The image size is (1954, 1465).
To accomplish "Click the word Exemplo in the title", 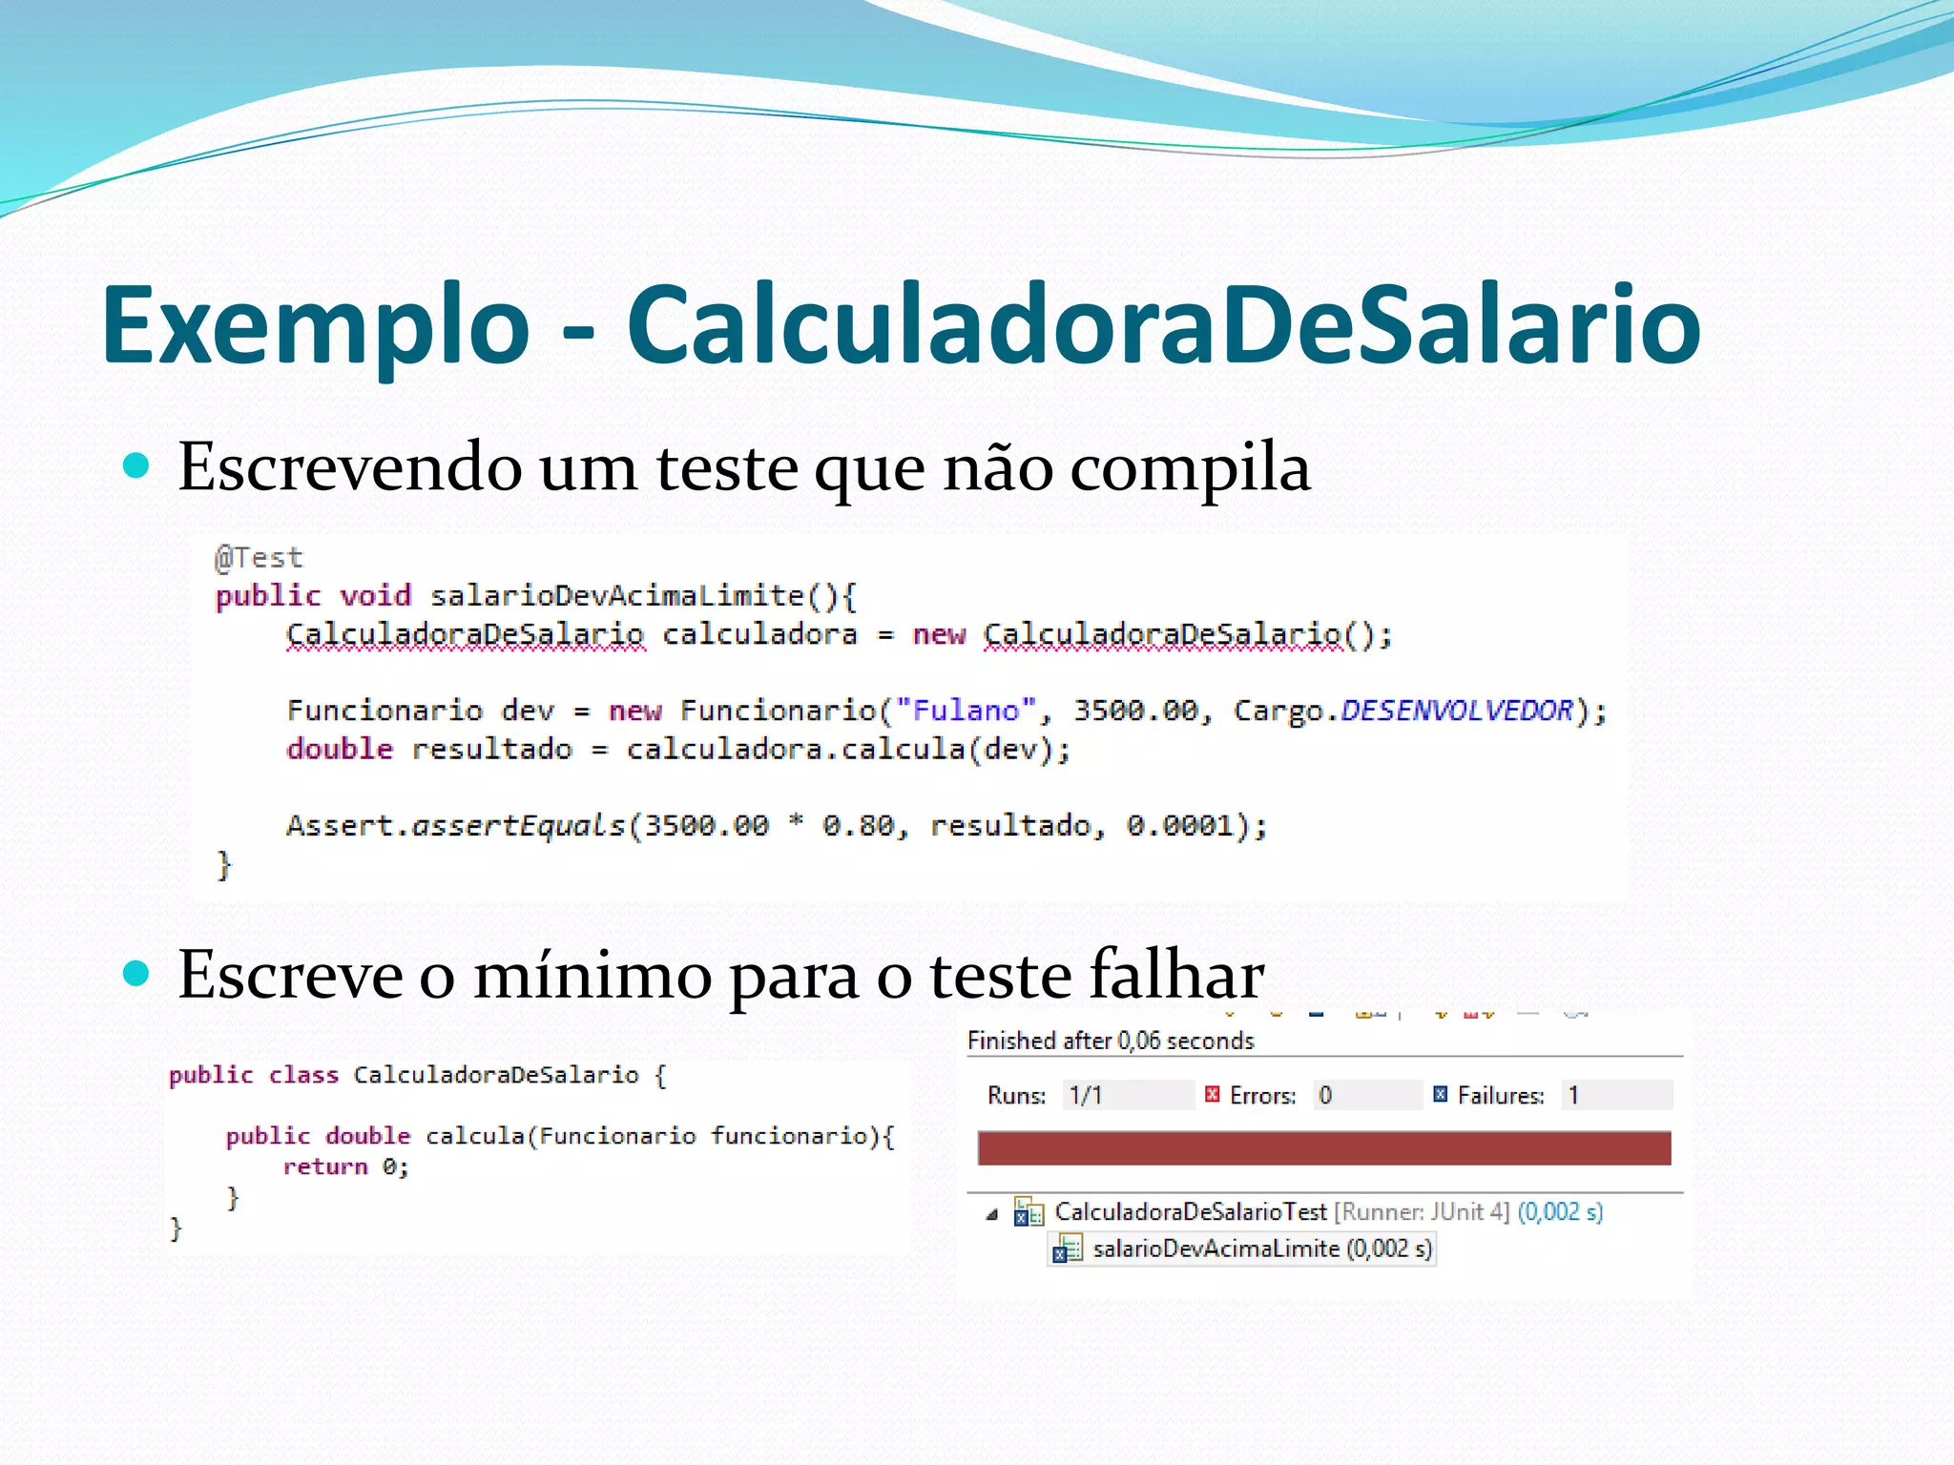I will tap(315, 326).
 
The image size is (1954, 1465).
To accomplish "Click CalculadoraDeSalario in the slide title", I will tap(1163, 326).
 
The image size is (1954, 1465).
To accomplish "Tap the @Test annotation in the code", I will tap(259, 557).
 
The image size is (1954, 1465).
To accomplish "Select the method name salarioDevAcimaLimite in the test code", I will tap(616, 596).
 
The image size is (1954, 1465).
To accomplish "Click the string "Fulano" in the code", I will tap(966, 711).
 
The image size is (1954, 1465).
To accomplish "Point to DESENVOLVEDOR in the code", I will tap(1456, 711).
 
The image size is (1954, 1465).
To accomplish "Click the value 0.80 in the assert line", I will tap(858, 825).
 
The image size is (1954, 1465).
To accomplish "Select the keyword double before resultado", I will tap(340, 750).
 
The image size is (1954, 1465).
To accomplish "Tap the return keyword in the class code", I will tap(325, 1166).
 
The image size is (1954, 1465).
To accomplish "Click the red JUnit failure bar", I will tap(1323, 1147).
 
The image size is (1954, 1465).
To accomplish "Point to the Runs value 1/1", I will tap(1086, 1095).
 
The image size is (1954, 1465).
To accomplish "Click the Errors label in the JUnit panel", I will tap(1262, 1096).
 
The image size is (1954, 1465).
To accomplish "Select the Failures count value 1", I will tap(1573, 1095).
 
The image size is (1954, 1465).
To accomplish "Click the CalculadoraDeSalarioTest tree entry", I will tap(1190, 1212).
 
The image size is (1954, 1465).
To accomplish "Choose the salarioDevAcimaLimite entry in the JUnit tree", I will tap(1216, 1248).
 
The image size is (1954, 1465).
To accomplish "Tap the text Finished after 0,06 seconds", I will tap(1110, 1041).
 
